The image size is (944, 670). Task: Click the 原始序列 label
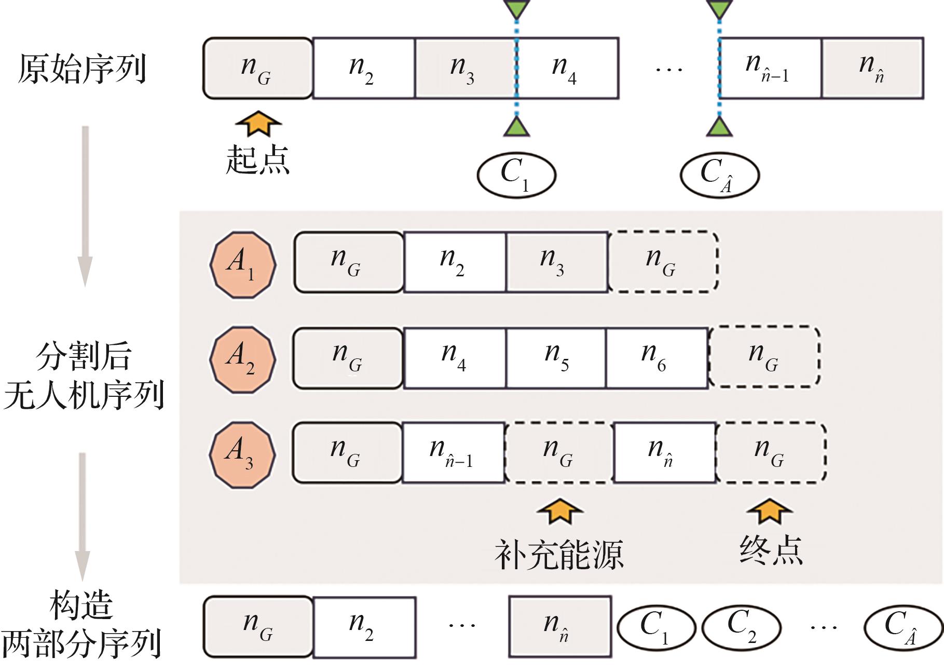[x=81, y=69]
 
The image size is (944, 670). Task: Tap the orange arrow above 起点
[x=258, y=124]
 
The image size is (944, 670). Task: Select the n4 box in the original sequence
[x=567, y=68]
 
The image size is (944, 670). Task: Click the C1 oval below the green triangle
[x=516, y=175]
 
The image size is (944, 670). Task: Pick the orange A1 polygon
[x=243, y=264]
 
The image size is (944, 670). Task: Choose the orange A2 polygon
[x=243, y=359]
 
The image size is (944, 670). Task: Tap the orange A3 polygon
[x=242, y=454]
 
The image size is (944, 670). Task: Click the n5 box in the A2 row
[x=556, y=358]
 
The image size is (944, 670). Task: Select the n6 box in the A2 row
[x=656, y=358]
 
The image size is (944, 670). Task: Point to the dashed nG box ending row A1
[x=663, y=262]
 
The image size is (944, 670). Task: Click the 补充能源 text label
[x=558, y=554]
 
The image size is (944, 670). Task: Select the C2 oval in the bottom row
[x=741, y=627]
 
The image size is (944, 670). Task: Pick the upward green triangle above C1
[x=516, y=127]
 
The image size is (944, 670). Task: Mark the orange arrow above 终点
[x=770, y=511]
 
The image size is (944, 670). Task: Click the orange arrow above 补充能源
[x=559, y=511]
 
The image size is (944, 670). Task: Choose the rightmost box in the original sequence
[x=872, y=68]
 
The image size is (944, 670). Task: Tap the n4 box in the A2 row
[x=454, y=358]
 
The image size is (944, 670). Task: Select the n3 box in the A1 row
[x=556, y=262]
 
